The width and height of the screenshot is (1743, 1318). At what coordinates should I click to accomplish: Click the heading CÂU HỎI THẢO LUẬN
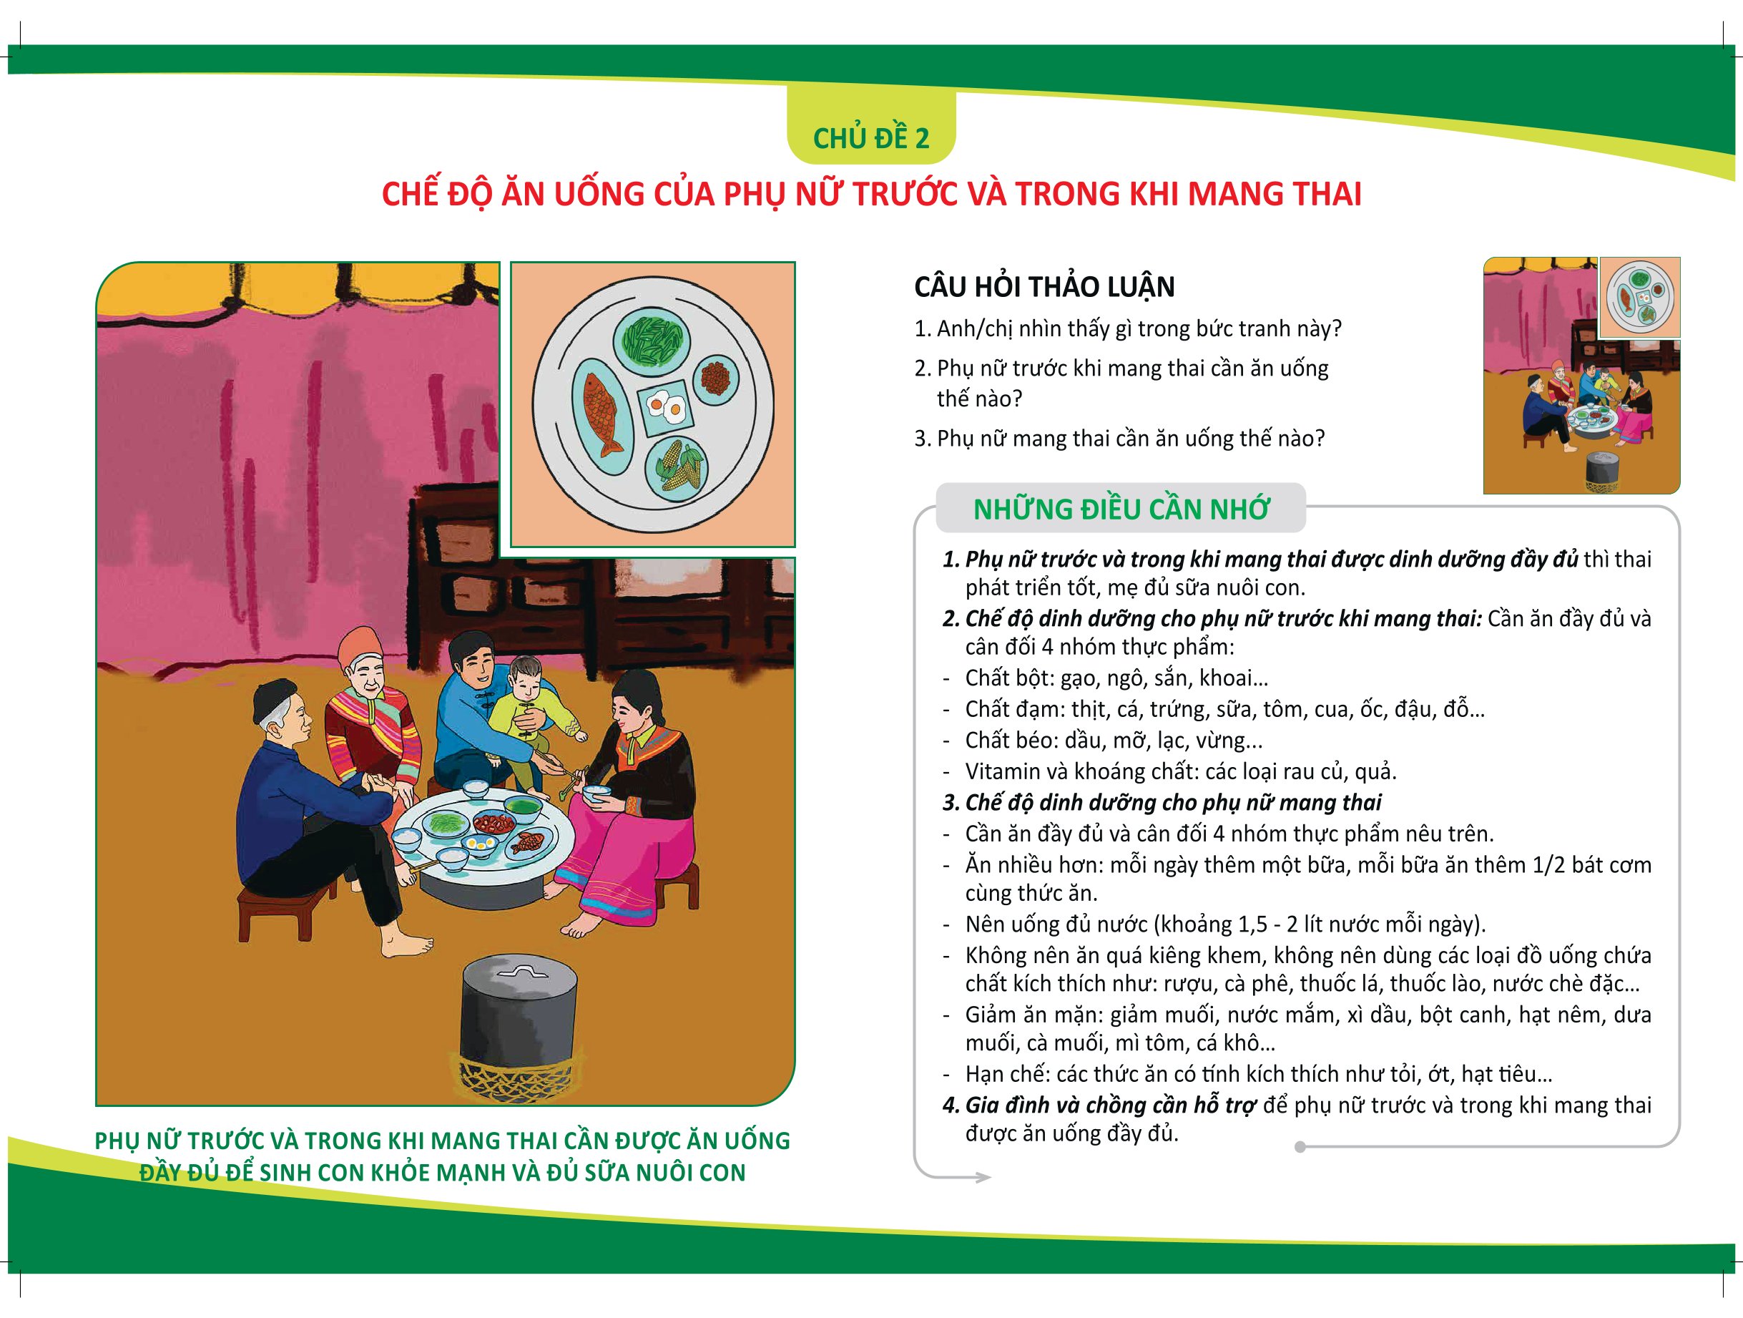point(1044,286)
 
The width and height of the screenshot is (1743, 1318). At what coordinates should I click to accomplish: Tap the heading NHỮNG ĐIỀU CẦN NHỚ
point(1121,509)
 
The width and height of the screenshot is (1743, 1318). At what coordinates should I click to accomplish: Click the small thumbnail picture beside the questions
point(1581,375)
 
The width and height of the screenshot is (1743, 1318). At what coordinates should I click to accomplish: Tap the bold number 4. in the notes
point(951,1105)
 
